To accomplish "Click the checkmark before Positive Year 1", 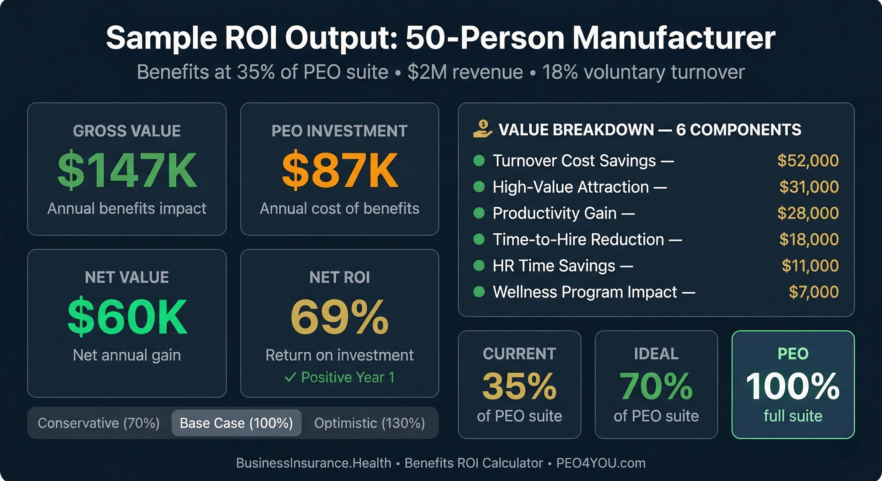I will [290, 377].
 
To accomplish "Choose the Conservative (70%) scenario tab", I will [99, 423].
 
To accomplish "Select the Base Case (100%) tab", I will [236, 423].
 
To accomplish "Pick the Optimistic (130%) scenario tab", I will [370, 423].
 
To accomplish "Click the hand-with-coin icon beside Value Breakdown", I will [482, 129].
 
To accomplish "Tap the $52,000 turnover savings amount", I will [808, 161].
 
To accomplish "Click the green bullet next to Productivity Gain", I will [479, 213].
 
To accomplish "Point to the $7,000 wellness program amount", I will [813, 292].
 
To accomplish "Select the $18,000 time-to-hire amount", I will [809, 239].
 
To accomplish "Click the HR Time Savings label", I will [554, 266].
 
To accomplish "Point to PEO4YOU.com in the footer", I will [601, 463].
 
